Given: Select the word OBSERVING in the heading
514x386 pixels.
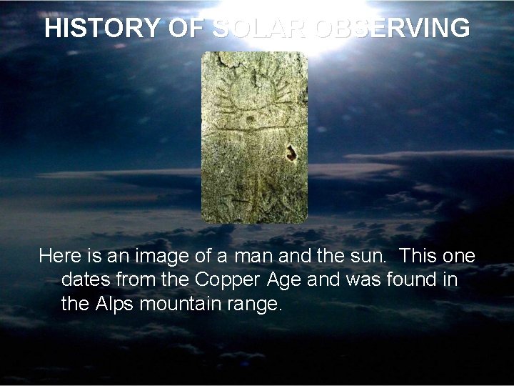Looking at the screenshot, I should click(x=393, y=29).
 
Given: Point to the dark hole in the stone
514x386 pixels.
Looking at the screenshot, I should click(x=291, y=153).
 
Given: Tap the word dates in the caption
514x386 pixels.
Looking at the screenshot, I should click(x=86, y=280).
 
